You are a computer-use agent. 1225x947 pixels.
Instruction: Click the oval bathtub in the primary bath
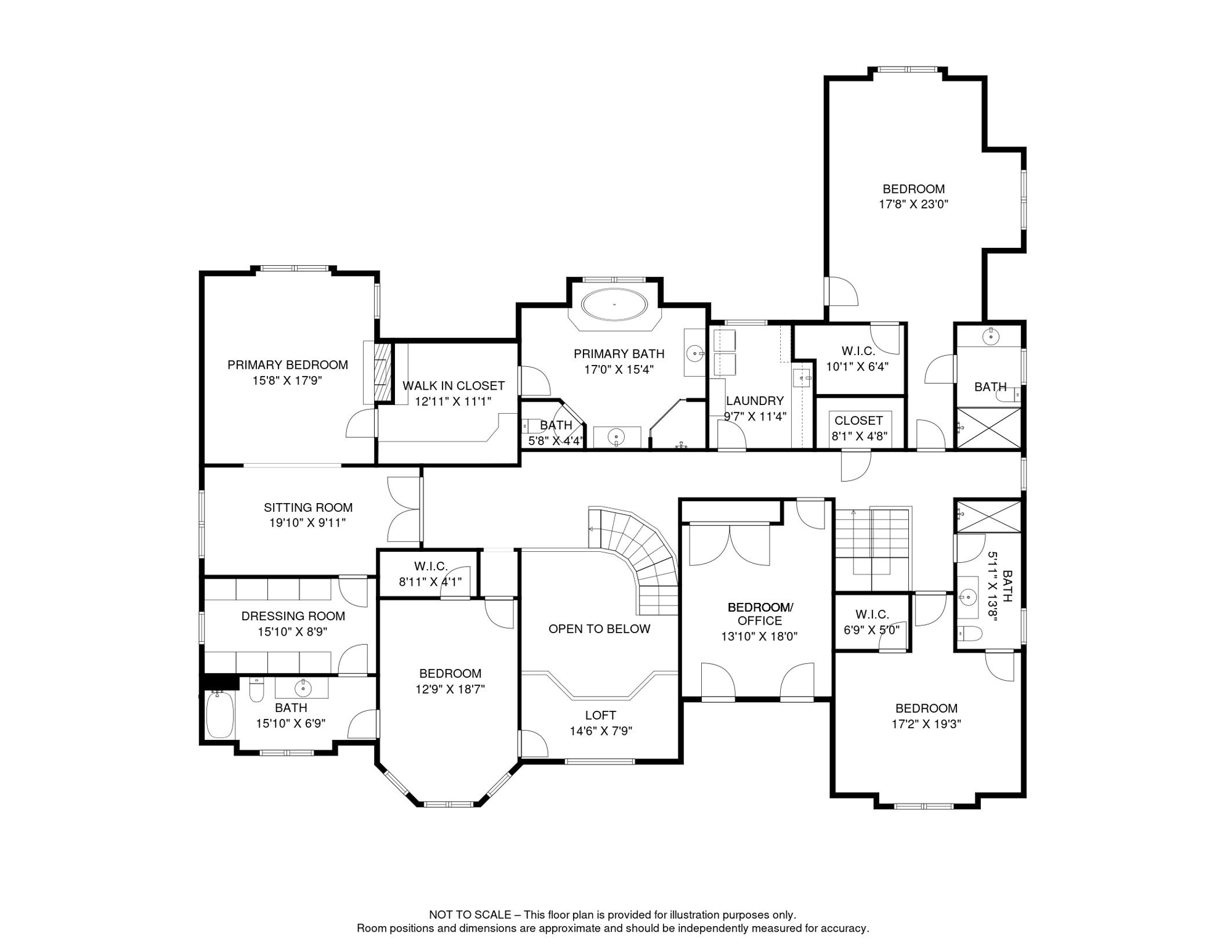(614, 305)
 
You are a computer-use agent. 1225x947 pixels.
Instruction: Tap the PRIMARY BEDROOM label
(287, 365)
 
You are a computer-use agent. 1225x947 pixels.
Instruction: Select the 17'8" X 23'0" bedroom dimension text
(913, 204)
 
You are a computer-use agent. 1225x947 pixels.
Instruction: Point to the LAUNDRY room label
(754, 401)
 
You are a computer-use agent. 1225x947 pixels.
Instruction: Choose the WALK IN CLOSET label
(454, 386)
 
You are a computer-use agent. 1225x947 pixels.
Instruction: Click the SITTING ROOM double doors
(404, 509)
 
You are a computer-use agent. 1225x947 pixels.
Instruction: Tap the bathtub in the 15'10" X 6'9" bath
(219, 715)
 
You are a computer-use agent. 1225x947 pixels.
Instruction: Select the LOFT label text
(600, 715)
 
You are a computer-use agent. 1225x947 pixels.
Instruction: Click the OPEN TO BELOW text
(599, 629)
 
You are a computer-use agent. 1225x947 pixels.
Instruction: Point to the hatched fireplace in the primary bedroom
(383, 372)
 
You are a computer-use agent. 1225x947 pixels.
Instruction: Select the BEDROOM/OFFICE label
(760, 614)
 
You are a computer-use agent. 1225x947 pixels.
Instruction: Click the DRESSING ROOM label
(293, 616)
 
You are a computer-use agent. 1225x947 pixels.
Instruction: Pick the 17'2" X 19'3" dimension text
(926, 724)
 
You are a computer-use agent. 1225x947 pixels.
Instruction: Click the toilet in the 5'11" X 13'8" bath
(969, 633)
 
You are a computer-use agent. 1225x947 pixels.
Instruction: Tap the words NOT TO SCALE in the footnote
(470, 915)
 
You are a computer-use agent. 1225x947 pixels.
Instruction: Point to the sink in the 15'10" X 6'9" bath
(303, 687)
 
